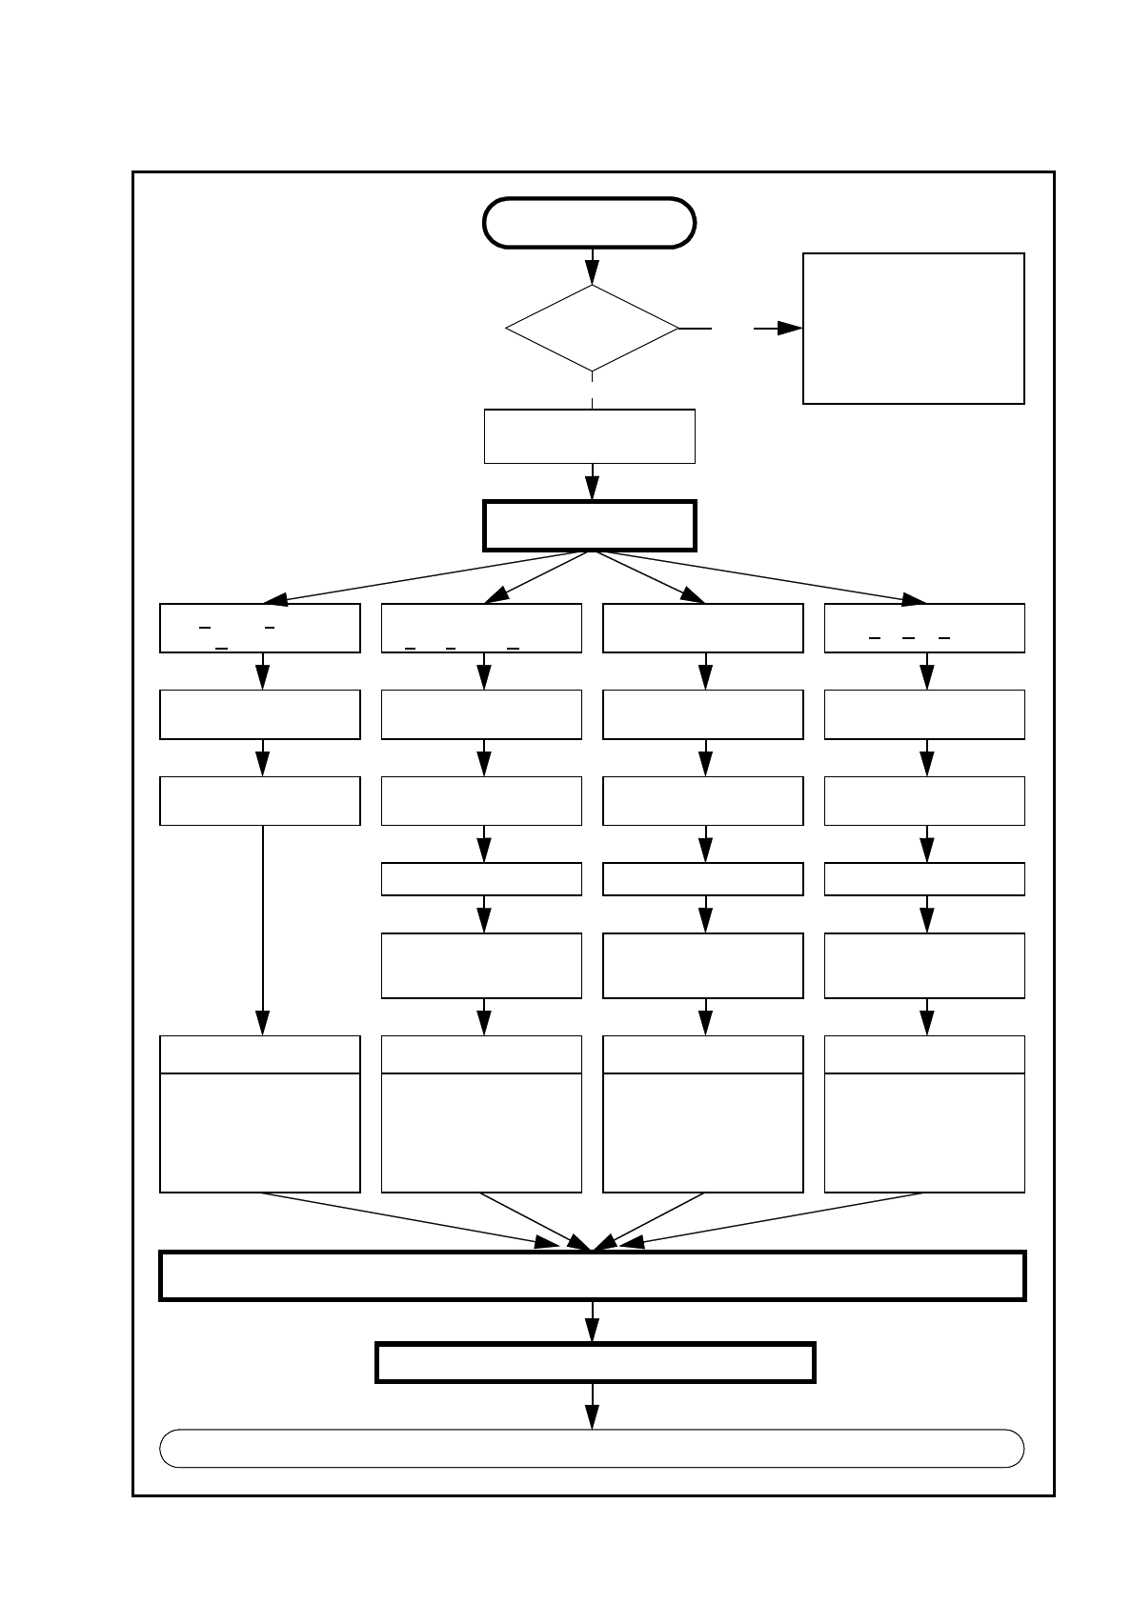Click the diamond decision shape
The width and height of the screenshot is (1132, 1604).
[592, 329]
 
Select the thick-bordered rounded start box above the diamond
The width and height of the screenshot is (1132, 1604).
[590, 223]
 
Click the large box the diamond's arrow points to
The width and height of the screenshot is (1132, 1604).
[913, 329]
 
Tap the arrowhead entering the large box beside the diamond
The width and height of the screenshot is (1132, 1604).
[790, 329]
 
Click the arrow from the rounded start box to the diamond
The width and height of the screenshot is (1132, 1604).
[592, 267]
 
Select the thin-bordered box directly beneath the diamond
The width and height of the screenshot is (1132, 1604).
[590, 436]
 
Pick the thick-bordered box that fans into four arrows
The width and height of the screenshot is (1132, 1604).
[590, 526]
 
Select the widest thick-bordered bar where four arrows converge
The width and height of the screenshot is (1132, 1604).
[592, 1276]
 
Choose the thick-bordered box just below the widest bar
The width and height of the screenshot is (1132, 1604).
[595, 1362]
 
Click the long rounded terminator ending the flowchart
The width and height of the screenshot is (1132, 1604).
[592, 1449]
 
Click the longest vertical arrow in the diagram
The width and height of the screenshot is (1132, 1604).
[262, 929]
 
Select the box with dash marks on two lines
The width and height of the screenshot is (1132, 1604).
[259, 628]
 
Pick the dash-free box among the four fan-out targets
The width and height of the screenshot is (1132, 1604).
[703, 628]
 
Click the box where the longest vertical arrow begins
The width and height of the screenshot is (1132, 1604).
[259, 801]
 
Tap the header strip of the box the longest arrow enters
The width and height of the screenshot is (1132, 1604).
[259, 1054]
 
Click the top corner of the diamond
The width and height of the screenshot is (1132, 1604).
[592, 286]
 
